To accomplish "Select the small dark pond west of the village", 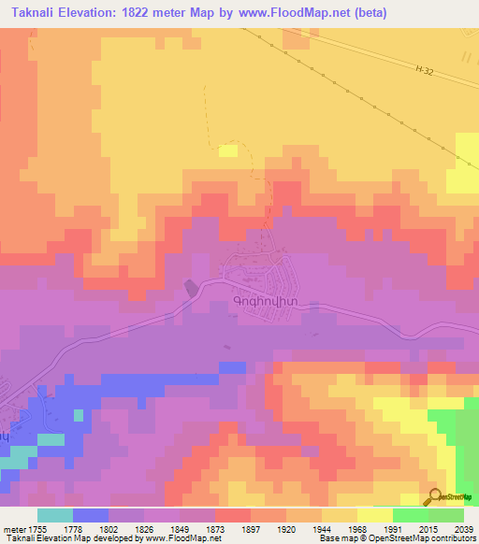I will (192, 289).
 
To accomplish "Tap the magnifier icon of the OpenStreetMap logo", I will (434, 497).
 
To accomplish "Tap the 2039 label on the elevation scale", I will (464, 529).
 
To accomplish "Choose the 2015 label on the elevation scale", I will (429, 529).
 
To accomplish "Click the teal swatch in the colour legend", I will (54, 515).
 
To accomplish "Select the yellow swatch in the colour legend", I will (374, 515).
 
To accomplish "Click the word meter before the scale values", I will (14, 529).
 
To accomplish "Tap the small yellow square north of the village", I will (227, 150).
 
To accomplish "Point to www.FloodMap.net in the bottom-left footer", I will (178, 538).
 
